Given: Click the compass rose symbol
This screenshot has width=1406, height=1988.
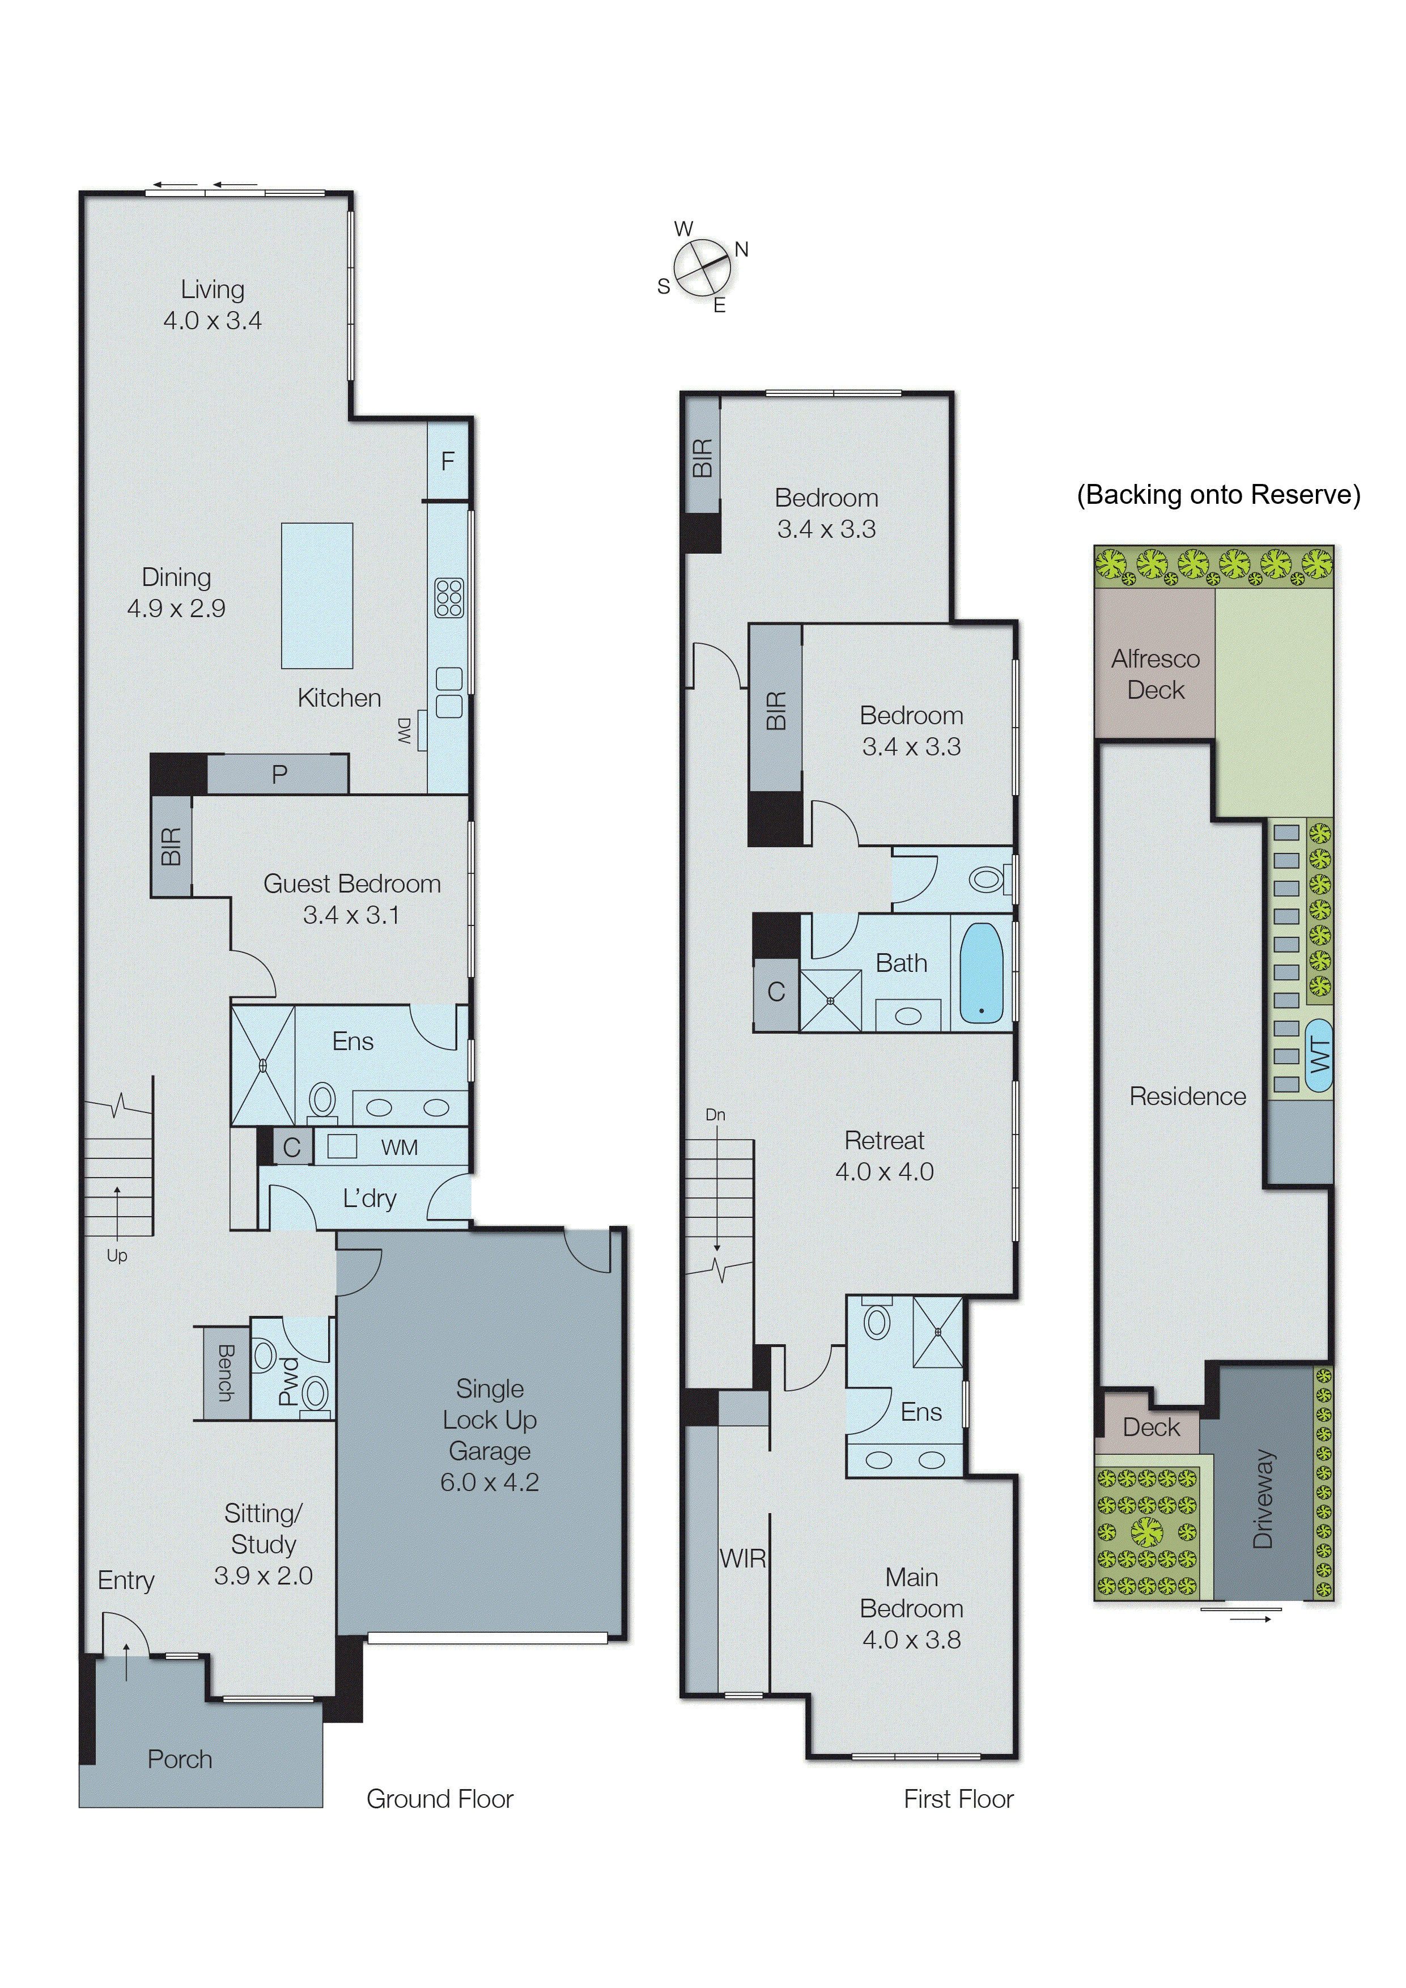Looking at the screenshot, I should [x=700, y=269].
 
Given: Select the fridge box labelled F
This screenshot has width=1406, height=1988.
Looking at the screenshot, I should [x=448, y=461].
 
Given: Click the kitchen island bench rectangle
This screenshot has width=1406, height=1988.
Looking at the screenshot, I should [x=317, y=596].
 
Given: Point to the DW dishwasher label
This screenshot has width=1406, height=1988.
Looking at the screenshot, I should [x=404, y=731].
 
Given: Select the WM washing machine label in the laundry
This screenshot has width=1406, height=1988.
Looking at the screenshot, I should [x=399, y=1147].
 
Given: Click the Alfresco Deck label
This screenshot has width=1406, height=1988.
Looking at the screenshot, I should [x=1155, y=674].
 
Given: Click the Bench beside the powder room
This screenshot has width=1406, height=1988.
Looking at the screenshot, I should [x=225, y=1373].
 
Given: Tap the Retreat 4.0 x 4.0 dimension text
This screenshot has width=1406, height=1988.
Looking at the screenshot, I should [x=884, y=1171].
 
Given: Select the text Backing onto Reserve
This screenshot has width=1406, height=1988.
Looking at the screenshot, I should [x=1218, y=494].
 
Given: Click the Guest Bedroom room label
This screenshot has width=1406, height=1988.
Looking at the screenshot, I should [x=351, y=884].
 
